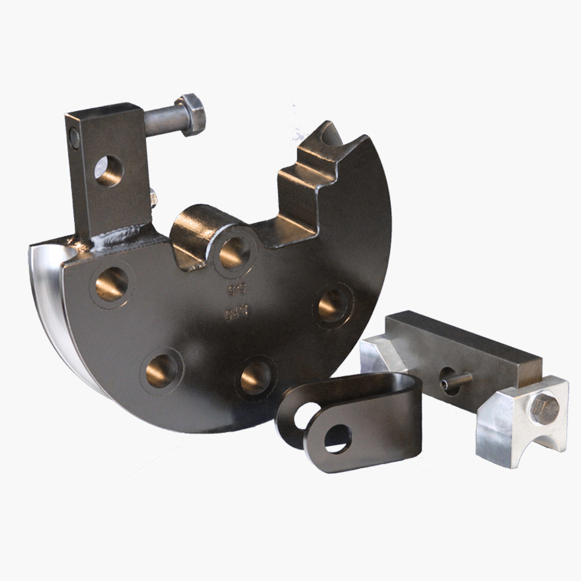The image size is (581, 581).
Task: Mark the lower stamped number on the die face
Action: (x=229, y=312)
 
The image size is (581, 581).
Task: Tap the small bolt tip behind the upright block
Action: (x=153, y=198)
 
